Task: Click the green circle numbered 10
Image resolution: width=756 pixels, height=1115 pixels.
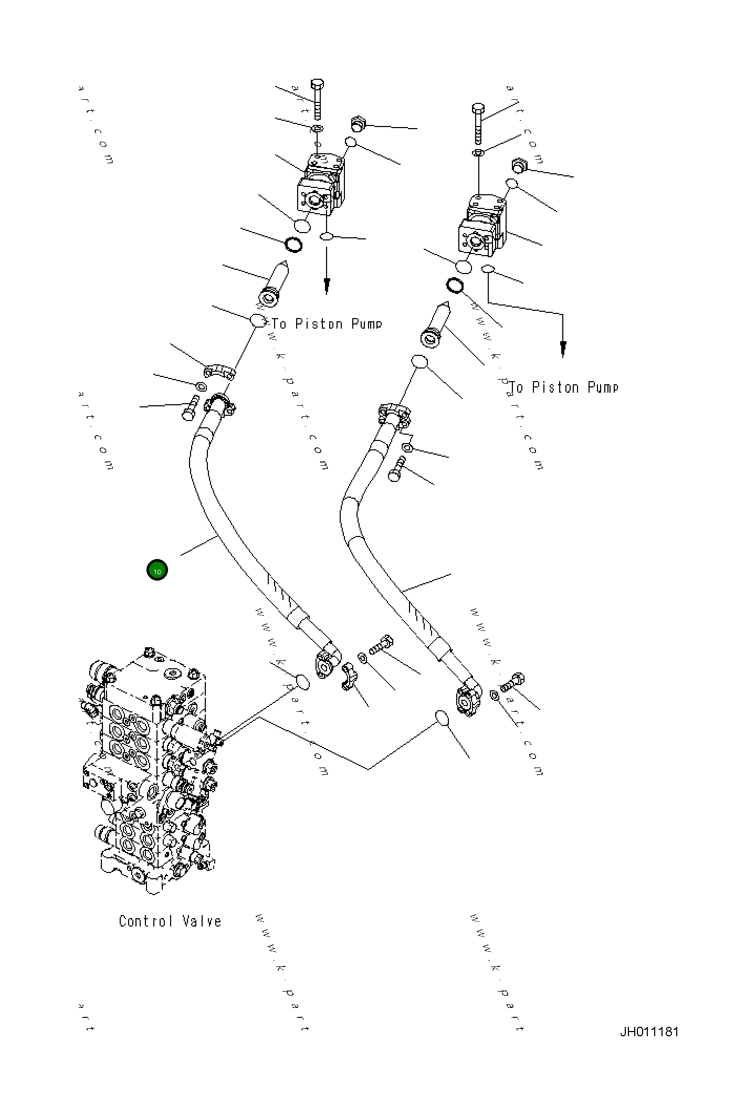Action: point(157,570)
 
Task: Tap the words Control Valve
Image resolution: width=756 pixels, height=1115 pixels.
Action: point(170,921)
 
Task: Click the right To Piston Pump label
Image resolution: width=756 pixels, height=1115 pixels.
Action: point(564,387)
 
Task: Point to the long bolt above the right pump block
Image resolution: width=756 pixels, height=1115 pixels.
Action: point(477,124)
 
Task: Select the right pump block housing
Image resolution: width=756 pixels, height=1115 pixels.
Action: point(481,226)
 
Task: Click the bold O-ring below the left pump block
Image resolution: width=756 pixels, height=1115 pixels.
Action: point(293,245)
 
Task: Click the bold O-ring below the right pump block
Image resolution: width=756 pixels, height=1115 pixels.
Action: point(455,286)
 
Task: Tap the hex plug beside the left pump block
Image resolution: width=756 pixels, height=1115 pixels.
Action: point(357,124)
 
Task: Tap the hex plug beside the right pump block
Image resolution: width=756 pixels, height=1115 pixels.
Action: point(519,166)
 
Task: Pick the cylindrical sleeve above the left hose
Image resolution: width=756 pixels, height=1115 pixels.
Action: point(275,285)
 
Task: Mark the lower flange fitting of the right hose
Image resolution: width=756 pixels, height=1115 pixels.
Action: point(467,697)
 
